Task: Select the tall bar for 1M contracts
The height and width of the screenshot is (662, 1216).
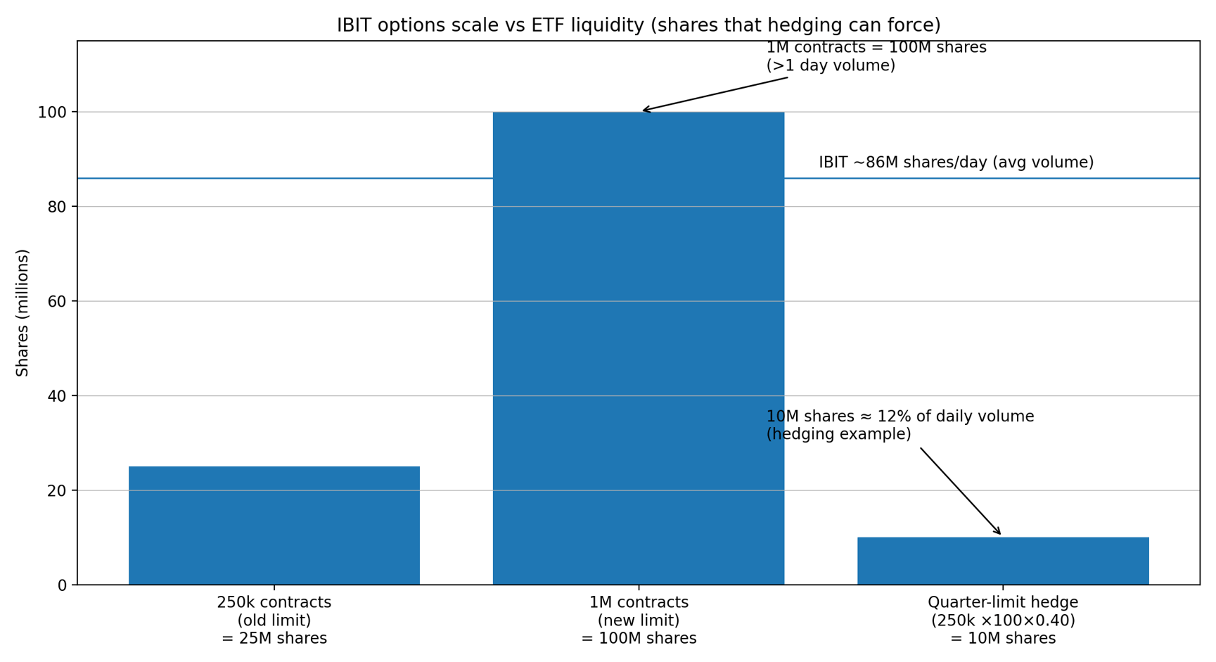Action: coord(638,348)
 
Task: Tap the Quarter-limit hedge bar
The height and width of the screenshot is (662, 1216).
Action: coord(1002,561)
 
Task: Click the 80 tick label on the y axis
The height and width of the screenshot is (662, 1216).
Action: coord(56,207)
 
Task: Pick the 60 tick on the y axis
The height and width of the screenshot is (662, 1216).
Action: coord(56,302)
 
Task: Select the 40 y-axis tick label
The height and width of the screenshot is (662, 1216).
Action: coord(56,396)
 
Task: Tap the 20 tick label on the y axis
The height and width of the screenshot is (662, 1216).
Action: coord(56,491)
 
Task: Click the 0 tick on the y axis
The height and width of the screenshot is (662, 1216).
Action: coord(62,585)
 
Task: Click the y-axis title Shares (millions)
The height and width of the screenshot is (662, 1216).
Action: coord(23,312)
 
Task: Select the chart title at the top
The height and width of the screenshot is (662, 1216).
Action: coord(638,25)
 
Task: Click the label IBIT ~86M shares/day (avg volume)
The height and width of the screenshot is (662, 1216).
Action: coord(956,163)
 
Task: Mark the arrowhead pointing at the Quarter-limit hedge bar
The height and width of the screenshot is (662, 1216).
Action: coord(999,533)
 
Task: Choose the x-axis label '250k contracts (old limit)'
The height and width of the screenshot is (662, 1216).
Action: coord(274,620)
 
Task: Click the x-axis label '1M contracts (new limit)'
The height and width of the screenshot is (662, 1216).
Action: coord(638,620)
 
